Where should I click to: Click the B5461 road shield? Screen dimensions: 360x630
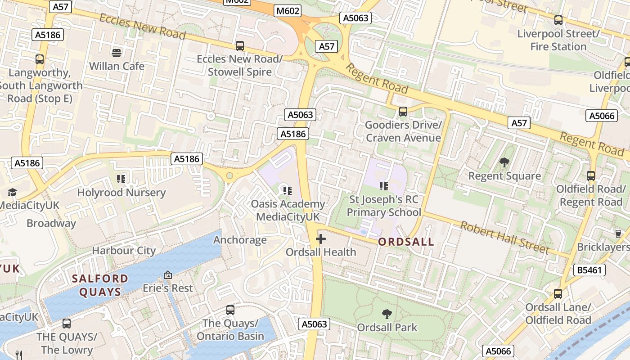589,270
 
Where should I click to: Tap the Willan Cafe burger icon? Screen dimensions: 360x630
117,53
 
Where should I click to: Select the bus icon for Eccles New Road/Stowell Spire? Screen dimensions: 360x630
240,45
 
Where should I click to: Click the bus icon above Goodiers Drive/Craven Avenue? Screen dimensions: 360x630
403,111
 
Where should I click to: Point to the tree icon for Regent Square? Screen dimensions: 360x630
504,162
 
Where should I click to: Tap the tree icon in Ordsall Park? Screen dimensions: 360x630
387,314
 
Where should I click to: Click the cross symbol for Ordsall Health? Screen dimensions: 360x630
321,238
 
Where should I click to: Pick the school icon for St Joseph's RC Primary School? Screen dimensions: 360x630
384,186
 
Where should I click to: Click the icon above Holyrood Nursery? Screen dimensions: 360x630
121,179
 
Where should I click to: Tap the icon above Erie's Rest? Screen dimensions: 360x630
168,274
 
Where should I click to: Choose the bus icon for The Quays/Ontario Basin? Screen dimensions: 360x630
230,310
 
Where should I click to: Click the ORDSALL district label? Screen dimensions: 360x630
406,242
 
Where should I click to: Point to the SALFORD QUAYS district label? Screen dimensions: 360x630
100,285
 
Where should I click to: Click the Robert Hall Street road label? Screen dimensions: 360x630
504,238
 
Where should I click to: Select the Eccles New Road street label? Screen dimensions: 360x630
142,26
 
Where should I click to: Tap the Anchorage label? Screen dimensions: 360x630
240,240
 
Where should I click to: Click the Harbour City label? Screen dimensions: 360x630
124,251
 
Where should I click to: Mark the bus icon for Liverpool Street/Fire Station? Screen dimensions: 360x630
558,20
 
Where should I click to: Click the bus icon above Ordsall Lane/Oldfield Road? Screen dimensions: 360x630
558,294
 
